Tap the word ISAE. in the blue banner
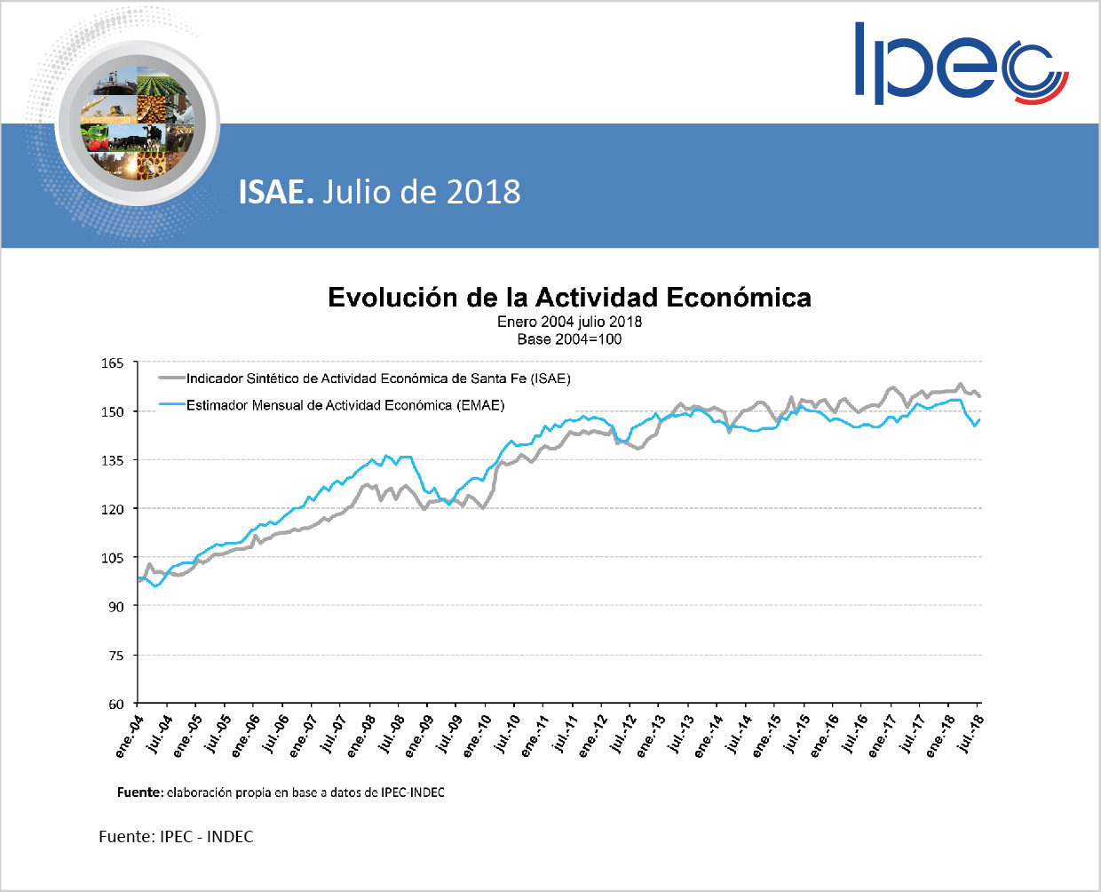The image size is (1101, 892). tap(276, 192)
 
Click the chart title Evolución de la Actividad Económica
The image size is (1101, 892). tap(569, 297)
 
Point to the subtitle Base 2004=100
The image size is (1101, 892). tap(569, 339)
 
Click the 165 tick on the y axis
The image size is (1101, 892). tap(113, 362)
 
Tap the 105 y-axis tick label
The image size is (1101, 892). tap(113, 558)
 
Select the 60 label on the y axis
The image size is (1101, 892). tap(116, 705)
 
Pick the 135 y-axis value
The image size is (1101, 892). tap(113, 460)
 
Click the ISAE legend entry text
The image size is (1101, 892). tap(378, 378)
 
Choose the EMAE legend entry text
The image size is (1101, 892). tap(345, 405)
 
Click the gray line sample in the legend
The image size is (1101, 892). tap(171, 378)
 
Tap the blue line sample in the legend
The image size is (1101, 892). tap(171, 405)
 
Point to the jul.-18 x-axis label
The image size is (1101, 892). tap(970, 734)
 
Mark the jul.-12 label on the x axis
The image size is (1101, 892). tap(622, 734)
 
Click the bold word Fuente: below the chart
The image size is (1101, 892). tap(140, 792)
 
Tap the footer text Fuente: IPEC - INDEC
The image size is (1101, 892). tap(176, 837)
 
